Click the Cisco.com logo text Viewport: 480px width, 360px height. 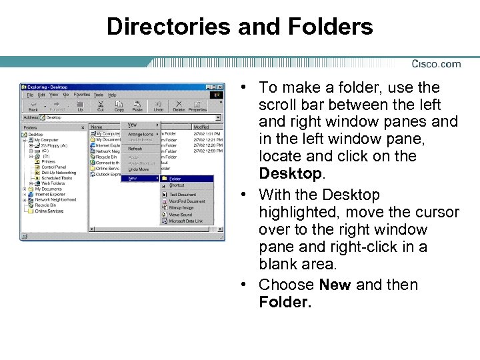[436, 64]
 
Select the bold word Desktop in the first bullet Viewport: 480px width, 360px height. [291, 174]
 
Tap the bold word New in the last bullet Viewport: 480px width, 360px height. [335, 285]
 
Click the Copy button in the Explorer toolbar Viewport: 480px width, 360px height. [119, 107]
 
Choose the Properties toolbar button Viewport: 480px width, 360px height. [197, 107]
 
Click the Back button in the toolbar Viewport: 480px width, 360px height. [33, 107]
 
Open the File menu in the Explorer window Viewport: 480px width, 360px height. [31, 95]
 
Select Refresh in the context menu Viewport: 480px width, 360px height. [135, 149]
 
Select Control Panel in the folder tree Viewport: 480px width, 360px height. [54, 167]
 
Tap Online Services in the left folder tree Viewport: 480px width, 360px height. [49, 211]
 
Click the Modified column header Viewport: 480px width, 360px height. [201, 127]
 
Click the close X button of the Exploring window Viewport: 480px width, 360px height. [220, 87]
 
